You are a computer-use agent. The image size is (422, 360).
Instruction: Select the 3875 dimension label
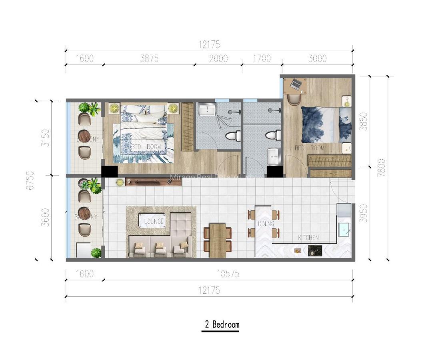149,58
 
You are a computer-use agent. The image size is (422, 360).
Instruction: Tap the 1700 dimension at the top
262,58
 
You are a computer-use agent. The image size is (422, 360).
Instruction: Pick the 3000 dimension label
318,58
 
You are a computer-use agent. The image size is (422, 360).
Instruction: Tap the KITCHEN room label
308,238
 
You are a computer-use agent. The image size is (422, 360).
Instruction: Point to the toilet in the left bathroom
232,136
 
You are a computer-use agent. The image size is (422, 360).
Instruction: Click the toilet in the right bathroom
275,136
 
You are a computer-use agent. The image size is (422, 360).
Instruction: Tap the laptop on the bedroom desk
296,84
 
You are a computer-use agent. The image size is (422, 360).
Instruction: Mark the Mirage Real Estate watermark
211,177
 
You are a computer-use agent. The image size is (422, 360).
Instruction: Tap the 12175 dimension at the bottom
209,291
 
